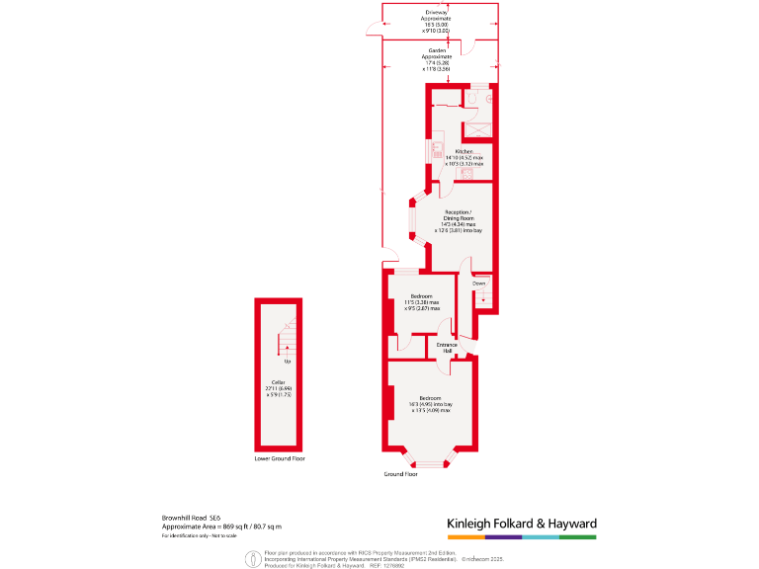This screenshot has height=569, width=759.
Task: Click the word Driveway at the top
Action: (437, 12)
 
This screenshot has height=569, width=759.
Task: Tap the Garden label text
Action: (437, 50)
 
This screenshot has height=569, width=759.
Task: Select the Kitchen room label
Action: (464, 151)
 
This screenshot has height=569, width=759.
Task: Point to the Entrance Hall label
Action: (448, 347)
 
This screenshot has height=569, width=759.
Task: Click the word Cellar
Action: (278, 382)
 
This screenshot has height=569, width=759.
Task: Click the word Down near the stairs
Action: (478, 284)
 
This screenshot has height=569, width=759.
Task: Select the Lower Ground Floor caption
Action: (279, 459)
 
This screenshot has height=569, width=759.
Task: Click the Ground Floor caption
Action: (400, 474)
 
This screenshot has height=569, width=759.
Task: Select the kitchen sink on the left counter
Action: (436, 150)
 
